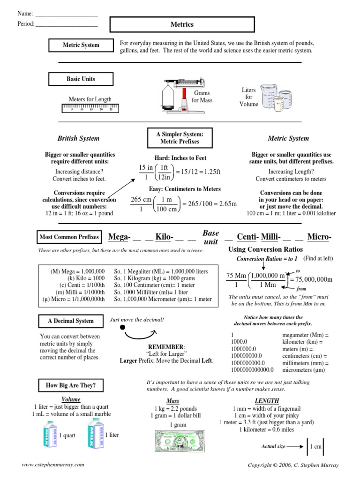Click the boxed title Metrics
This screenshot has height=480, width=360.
(182, 24)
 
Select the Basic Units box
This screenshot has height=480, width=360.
(81, 79)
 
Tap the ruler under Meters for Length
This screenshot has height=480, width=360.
(90, 109)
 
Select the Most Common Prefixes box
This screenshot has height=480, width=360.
(69, 237)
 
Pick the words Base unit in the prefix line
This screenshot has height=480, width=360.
(210, 237)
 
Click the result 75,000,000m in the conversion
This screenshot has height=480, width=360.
(312, 280)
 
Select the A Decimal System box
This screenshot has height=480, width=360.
(70, 321)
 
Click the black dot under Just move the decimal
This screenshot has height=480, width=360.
(122, 327)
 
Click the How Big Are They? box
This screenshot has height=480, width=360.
(71, 385)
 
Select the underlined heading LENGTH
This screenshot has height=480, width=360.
(267, 401)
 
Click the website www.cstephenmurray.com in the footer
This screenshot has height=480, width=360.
(53, 465)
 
